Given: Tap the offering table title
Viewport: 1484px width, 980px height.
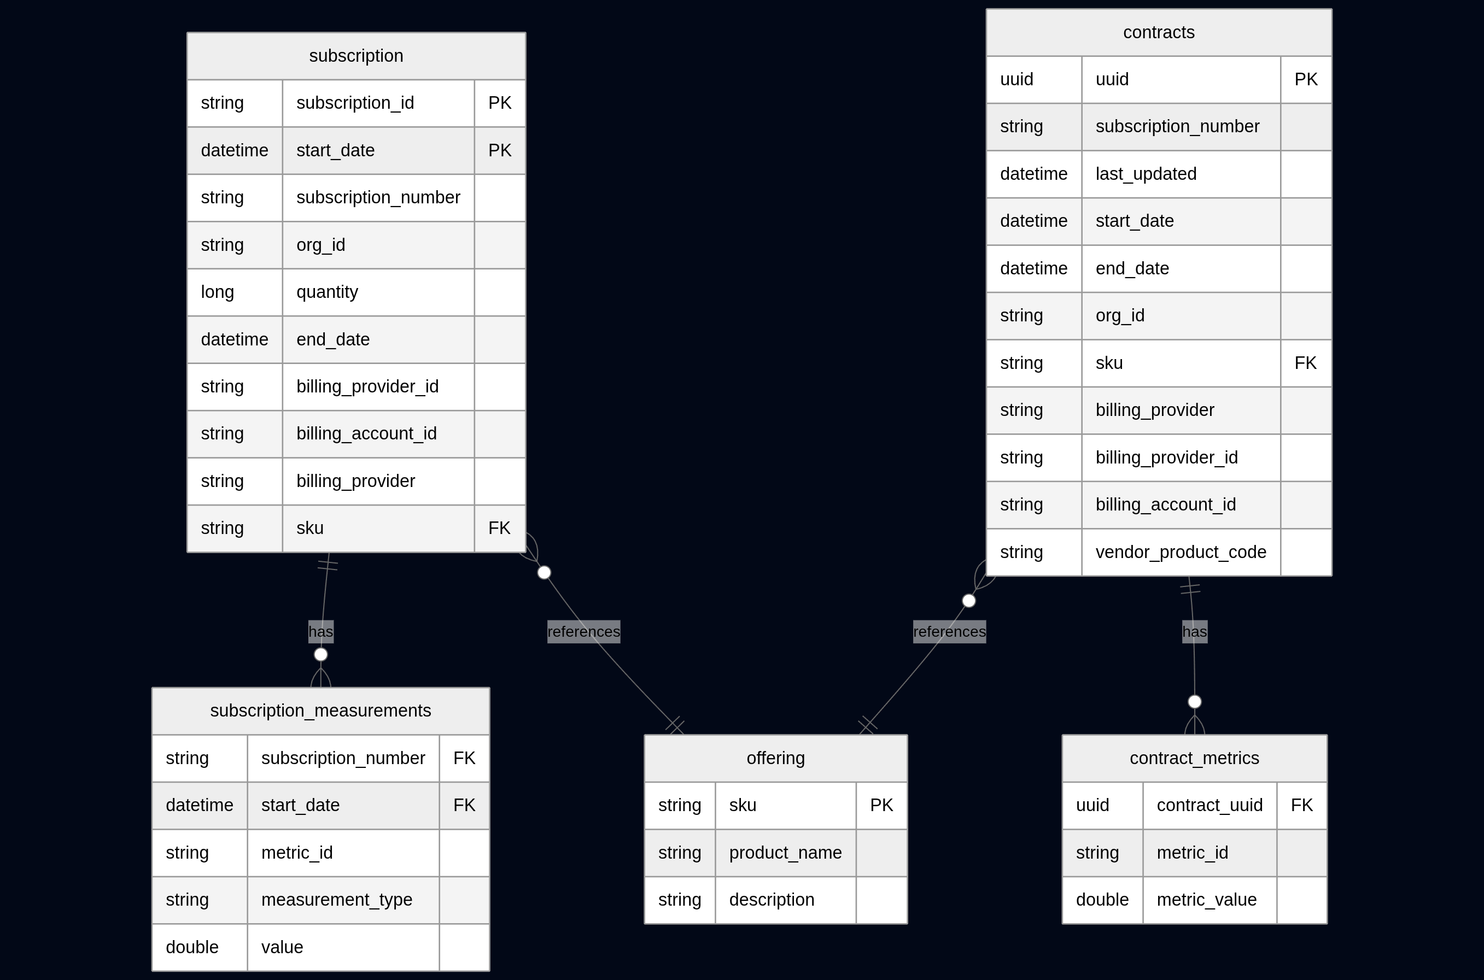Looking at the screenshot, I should [775, 758].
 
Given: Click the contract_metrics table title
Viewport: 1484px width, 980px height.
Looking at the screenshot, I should [1194, 758].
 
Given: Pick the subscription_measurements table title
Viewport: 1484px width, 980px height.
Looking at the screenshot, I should [320, 711].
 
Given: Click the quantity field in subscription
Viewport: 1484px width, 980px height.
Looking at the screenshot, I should [327, 292].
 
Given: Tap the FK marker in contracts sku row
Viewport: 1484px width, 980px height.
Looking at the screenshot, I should [1305, 363].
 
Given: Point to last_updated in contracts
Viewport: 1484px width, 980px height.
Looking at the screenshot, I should [1146, 174].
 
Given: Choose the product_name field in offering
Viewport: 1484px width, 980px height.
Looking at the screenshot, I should [785, 853].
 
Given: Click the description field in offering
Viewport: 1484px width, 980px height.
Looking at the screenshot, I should [772, 899].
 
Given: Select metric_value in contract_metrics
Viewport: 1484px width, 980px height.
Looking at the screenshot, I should [1206, 899].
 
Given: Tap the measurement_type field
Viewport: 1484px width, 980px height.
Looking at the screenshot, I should [336, 899].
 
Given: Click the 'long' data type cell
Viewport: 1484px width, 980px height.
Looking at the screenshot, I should [218, 292].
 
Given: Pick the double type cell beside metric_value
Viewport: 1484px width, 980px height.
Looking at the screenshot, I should [1102, 899].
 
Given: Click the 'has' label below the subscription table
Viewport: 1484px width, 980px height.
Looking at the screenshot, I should [320, 632].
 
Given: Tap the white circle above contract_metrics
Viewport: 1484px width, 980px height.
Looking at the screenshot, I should [1195, 701].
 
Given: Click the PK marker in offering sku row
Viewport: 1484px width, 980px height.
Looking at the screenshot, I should [881, 805].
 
